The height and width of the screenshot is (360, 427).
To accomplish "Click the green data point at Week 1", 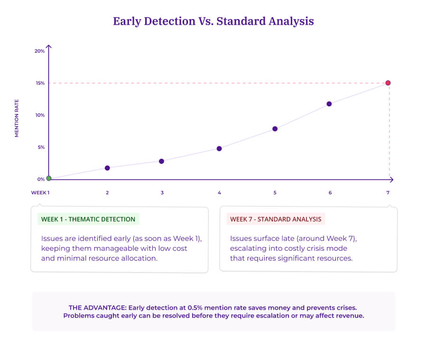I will click(x=48, y=178).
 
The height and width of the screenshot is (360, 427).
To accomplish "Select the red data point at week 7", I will click(x=388, y=83).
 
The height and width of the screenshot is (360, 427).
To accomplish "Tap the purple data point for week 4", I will click(x=219, y=149).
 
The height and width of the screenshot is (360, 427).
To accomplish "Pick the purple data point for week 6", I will click(x=329, y=104).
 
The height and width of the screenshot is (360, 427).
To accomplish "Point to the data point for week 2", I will click(x=107, y=168).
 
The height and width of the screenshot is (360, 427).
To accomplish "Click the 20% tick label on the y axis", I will click(x=40, y=51).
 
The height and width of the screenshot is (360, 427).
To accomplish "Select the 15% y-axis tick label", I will click(x=40, y=83).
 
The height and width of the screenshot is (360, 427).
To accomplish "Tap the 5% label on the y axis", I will click(x=41, y=147).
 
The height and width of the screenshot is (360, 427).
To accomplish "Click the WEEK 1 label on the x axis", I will click(x=40, y=192).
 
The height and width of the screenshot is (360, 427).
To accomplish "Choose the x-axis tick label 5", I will click(x=275, y=192).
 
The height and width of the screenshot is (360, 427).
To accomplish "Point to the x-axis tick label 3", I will click(x=162, y=192).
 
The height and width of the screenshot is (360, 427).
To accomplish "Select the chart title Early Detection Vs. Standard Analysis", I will click(x=213, y=21).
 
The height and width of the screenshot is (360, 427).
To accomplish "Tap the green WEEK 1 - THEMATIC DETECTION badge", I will click(x=88, y=219).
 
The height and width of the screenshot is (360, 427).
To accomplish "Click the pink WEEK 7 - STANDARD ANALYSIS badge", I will click(x=276, y=219).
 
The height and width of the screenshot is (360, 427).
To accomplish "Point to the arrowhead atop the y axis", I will click(x=49, y=47).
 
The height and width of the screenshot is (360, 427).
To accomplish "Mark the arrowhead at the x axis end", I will click(x=391, y=180).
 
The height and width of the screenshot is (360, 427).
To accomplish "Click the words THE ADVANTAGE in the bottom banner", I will click(x=97, y=307).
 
